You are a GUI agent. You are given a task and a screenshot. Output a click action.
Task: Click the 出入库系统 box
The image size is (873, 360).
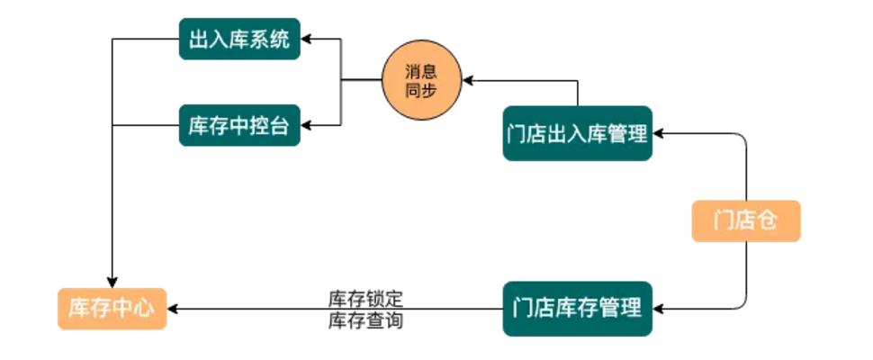239,40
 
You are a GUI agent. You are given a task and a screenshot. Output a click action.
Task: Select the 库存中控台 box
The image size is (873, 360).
239,124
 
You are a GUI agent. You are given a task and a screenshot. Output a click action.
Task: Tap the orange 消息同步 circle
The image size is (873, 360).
421,81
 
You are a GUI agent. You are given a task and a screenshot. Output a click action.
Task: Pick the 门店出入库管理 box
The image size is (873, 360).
577,135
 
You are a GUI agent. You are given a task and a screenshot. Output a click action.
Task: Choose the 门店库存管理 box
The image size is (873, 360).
577,309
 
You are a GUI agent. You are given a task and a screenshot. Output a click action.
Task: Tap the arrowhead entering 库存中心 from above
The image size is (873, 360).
112,281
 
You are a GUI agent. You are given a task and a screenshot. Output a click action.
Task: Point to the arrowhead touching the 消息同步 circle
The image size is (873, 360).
467,81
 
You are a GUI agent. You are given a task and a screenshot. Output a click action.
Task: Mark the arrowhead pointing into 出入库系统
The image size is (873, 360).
306,40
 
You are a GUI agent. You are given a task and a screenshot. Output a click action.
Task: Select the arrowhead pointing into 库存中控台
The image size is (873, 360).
306,124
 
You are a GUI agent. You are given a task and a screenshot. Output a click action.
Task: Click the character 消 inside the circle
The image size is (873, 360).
413,72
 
